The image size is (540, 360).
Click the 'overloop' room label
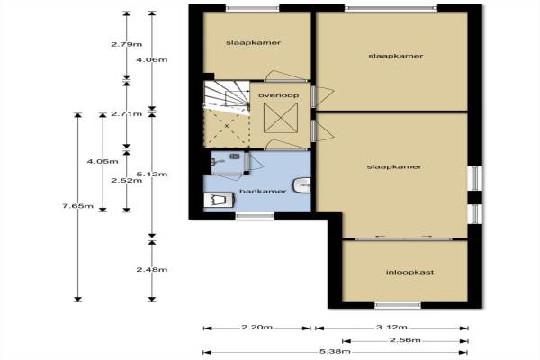pos(279,95)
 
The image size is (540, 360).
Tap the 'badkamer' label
pos(263,191)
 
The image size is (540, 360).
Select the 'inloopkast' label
pos(409,272)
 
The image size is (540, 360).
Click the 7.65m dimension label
pos(78,206)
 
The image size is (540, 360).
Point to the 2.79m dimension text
pos(127,44)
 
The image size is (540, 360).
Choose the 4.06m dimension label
pos(152,59)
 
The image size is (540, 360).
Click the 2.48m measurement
pos(152,269)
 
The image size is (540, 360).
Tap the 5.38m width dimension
pos(335,351)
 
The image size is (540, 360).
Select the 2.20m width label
pos(256,327)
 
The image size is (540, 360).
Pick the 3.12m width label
pos(391,327)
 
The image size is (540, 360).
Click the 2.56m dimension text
pos(405,340)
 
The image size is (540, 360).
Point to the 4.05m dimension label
pos(103,161)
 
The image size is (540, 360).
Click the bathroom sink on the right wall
pos(302,185)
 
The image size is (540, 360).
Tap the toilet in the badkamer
pos(219,200)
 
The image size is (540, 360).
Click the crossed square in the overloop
pos(281,118)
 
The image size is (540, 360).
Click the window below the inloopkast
pos(398,305)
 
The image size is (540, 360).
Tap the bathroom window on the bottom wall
pos(255,216)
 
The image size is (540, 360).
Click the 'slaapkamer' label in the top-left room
pos(254,43)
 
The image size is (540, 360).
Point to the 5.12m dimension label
pos(152,174)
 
